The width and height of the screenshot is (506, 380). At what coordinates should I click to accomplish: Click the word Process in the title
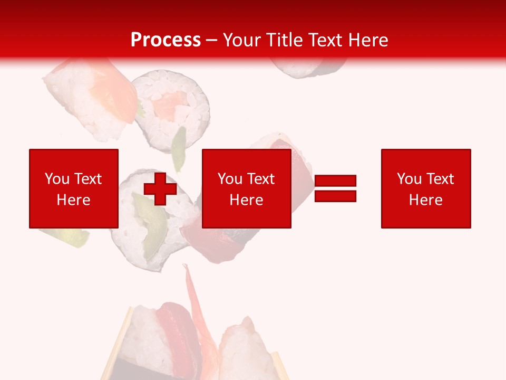[166, 40]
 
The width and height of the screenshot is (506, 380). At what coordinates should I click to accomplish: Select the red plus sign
[160, 188]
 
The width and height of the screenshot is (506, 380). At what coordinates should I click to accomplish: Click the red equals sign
[335, 188]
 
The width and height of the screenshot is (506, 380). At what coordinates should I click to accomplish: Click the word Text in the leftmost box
[87, 179]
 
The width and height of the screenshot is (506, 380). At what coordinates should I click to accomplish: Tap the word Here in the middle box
[247, 200]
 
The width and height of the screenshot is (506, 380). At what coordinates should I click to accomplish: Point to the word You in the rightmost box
[409, 179]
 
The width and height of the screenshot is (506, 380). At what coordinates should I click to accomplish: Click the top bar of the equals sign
[335, 181]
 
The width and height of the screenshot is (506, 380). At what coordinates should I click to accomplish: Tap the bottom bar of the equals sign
[335, 196]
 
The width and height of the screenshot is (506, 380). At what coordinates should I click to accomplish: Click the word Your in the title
[242, 40]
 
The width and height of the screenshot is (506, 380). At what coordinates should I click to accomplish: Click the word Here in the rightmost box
[426, 200]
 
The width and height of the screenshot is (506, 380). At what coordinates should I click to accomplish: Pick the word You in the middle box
[230, 179]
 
